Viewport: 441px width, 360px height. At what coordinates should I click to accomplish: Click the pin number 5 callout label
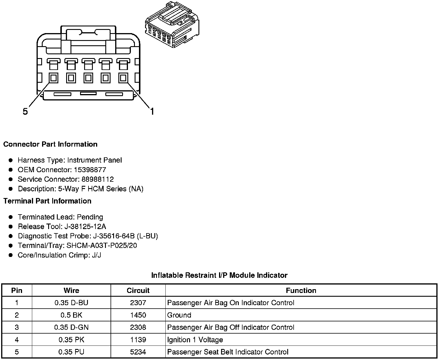click(25, 111)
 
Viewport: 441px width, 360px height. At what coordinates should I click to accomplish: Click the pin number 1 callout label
click(152, 111)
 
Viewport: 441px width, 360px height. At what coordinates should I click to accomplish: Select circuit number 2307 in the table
click(138, 303)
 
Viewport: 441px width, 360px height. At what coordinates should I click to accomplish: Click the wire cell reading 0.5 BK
click(71, 315)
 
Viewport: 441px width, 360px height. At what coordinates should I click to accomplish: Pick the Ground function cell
click(179, 315)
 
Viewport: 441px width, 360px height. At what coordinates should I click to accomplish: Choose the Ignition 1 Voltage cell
click(195, 340)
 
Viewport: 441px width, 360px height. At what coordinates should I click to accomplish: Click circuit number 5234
click(138, 352)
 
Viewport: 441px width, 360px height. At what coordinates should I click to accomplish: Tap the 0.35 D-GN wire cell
click(71, 327)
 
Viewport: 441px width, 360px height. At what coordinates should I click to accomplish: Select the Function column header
click(301, 290)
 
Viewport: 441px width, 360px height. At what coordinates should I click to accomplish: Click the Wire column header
click(71, 290)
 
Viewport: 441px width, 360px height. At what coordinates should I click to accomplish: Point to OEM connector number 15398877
click(90, 170)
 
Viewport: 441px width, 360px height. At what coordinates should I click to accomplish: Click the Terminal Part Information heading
click(47, 201)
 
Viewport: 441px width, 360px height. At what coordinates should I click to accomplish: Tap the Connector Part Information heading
click(50, 144)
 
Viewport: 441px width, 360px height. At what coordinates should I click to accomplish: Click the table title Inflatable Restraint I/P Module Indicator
click(219, 275)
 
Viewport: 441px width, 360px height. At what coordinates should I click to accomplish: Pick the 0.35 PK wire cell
click(71, 340)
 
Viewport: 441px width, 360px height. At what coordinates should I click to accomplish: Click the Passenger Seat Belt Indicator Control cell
click(228, 352)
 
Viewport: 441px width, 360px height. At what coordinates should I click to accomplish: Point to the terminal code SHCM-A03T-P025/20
click(102, 246)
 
